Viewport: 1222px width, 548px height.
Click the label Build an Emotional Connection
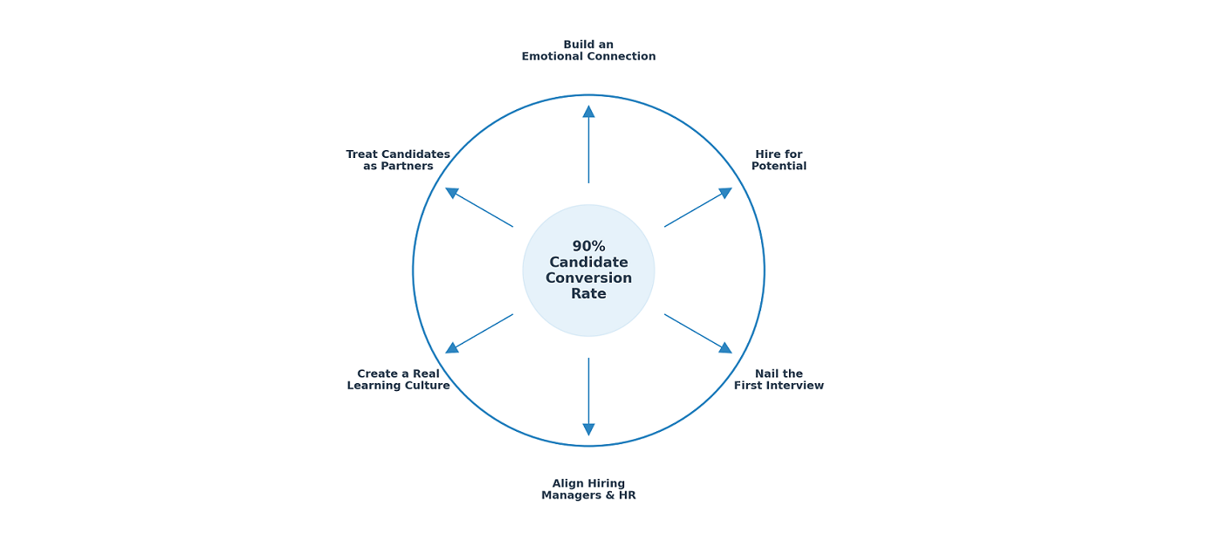(x=588, y=51)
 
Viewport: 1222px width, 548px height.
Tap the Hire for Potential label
(x=779, y=161)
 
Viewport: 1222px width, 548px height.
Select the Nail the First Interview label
(x=779, y=380)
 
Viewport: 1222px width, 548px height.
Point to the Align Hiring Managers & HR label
(x=588, y=490)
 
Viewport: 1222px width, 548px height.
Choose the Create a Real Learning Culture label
(x=398, y=380)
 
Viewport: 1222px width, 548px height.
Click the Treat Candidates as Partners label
(x=398, y=161)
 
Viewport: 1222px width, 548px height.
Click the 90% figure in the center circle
(x=588, y=246)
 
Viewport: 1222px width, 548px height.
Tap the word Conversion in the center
(x=588, y=278)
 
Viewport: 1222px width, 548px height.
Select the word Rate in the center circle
(x=588, y=294)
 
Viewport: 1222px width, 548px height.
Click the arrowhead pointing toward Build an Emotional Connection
(x=588, y=112)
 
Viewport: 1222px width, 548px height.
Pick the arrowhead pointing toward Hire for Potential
(x=725, y=193)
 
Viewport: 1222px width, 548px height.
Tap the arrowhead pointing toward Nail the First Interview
(x=725, y=347)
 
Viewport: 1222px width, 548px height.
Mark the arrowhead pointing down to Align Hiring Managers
(x=588, y=429)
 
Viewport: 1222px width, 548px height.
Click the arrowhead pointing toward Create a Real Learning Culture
(x=452, y=347)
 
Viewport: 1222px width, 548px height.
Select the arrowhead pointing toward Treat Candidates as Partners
(x=452, y=193)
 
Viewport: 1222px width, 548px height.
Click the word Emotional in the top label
(x=555, y=57)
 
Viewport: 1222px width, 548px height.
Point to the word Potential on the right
(x=779, y=167)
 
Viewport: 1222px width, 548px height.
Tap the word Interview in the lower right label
(x=794, y=386)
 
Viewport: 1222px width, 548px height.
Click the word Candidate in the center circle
(x=588, y=263)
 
